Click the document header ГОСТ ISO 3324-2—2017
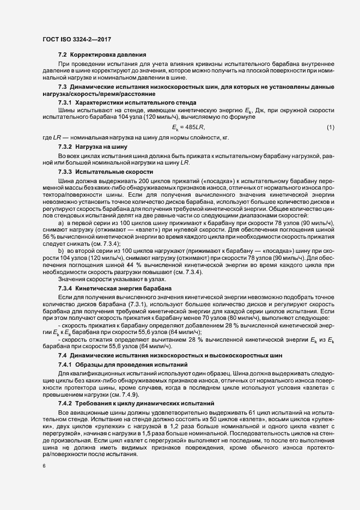(x=74, y=40)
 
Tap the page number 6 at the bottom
(x=44, y=466)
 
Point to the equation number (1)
(x=330, y=127)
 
